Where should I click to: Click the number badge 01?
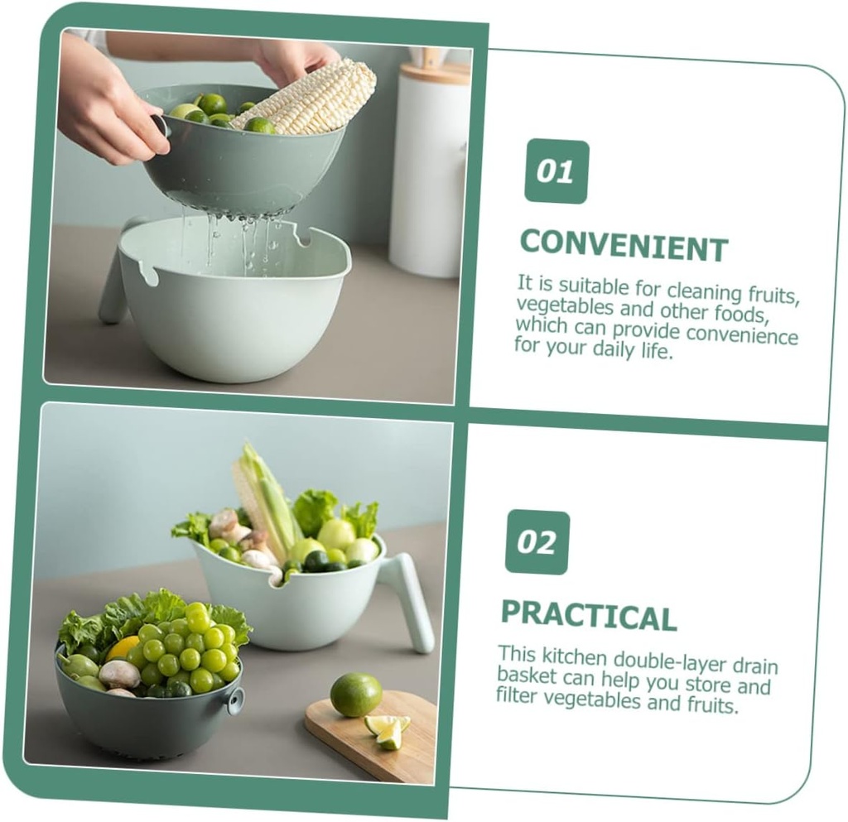[x=556, y=172]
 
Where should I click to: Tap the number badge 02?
[x=537, y=542]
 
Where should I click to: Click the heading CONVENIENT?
[x=624, y=246]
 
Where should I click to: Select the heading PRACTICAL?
[x=589, y=615]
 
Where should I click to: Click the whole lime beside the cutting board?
[x=356, y=695]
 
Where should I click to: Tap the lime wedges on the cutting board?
[x=388, y=731]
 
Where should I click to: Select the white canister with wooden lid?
[x=431, y=167]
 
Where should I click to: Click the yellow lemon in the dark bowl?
[x=123, y=647]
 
